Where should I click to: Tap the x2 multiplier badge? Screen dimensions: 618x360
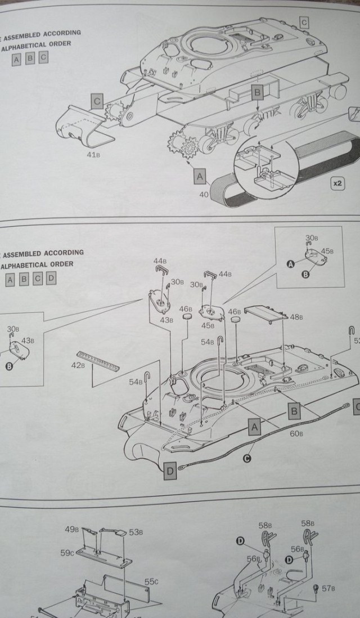click(338, 183)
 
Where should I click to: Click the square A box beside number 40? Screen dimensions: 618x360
click(200, 177)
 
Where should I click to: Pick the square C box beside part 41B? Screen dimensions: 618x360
click(97, 102)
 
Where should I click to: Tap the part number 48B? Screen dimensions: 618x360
click(296, 317)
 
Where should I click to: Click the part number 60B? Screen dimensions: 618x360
click(296, 450)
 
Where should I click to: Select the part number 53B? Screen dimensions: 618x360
click(136, 532)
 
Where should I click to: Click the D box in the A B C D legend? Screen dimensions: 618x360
click(51, 278)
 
